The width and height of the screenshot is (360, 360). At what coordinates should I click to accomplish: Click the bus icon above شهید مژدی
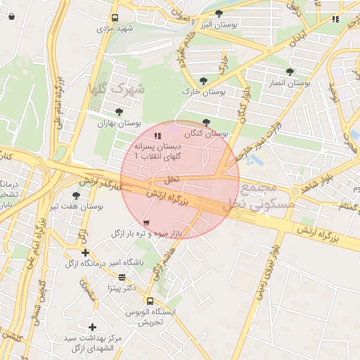[x=115, y=18]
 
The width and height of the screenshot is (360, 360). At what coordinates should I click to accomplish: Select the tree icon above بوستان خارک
[x=204, y=81]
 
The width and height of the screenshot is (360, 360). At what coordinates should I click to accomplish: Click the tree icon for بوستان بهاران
[x=119, y=111]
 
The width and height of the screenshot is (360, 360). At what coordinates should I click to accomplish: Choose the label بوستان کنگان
[x=207, y=133]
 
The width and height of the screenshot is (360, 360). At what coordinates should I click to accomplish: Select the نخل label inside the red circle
[x=173, y=179]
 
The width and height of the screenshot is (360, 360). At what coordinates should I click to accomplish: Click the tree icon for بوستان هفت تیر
[x=76, y=195]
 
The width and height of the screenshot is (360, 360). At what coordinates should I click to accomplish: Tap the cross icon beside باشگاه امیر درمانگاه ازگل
[x=85, y=252]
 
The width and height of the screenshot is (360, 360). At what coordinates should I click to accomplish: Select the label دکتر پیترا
[x=121, y=288]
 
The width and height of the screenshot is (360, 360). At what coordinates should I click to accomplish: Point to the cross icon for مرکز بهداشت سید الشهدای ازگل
[x=92, y=327]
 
